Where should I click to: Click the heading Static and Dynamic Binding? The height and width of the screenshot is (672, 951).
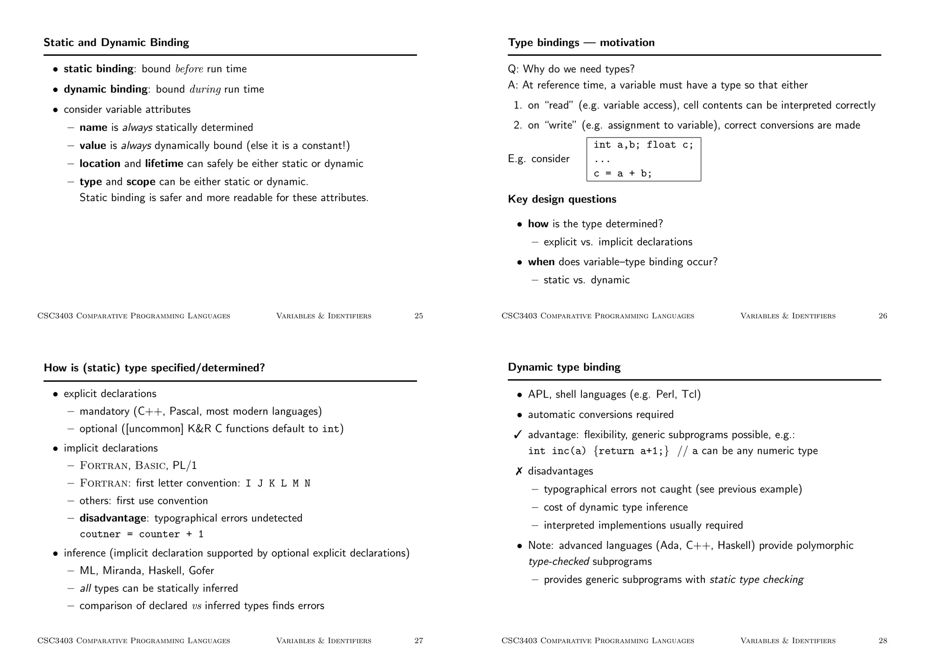(x=116, y=43)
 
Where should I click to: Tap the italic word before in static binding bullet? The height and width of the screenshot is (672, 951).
(x=189, y=69)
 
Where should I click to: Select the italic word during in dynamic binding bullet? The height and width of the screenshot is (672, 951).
(x=205, y=90)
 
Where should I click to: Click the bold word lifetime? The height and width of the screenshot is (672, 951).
(x=164, y=164)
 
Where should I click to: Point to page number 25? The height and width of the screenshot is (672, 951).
(x=418, y=316)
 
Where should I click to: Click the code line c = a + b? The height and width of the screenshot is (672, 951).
(x=622, y=174)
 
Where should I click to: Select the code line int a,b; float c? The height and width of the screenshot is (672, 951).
(x=643, y=145)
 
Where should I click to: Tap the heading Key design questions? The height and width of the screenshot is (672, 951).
(x=562, y=199)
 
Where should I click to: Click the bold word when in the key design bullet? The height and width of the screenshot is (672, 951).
(x=541, y=262)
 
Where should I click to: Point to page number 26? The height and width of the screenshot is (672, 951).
(x=883, y=316)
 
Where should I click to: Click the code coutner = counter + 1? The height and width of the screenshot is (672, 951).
(x=142, y=535)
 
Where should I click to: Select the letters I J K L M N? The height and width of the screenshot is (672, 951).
(x=278, y=483)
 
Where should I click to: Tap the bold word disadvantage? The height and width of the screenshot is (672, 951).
(x=113, y=518)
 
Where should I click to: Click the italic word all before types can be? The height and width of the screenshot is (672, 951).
(x=85, y=588)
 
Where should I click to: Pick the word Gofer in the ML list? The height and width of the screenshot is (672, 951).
(x=202, y=571)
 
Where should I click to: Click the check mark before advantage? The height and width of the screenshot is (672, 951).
(x=518, y=435)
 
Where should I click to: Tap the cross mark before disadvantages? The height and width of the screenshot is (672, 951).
(x=519, y=471)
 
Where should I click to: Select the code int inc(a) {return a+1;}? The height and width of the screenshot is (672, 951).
(x=598, y=451)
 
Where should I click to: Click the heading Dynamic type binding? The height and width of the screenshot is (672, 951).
(x=564, y=367)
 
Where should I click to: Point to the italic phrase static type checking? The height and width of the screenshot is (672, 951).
(x=756, y=580)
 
